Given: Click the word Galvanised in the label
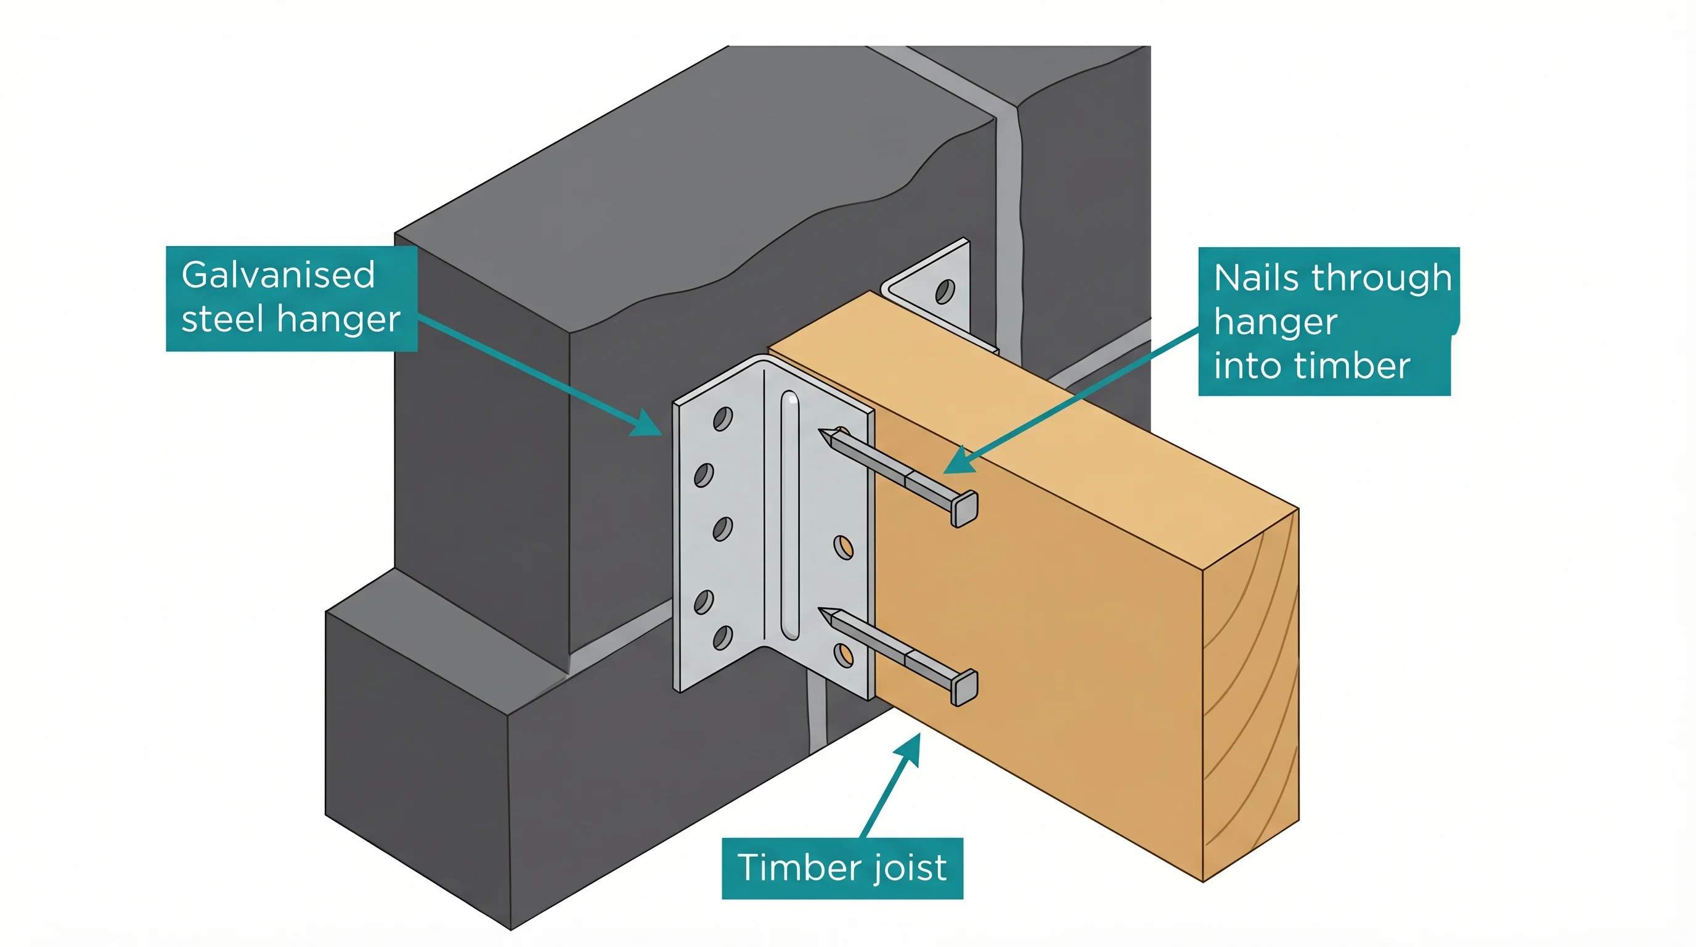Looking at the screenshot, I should coord(278,275).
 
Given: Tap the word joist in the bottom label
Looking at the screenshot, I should coord(910,867).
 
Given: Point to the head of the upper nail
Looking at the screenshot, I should coord(964,509).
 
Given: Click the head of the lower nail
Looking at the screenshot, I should coord(964,687).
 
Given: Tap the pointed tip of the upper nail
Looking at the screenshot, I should coord(823,433).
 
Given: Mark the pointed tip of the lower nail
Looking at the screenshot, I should coord(823,612).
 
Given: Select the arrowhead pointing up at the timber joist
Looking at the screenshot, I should coord(909,748).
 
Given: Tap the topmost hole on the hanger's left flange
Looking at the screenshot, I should coord(722,419).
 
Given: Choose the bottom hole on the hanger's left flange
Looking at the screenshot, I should coord(722,637).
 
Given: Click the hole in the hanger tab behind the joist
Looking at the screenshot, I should coord(945,290).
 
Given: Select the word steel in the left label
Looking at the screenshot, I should coord(222,320).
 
